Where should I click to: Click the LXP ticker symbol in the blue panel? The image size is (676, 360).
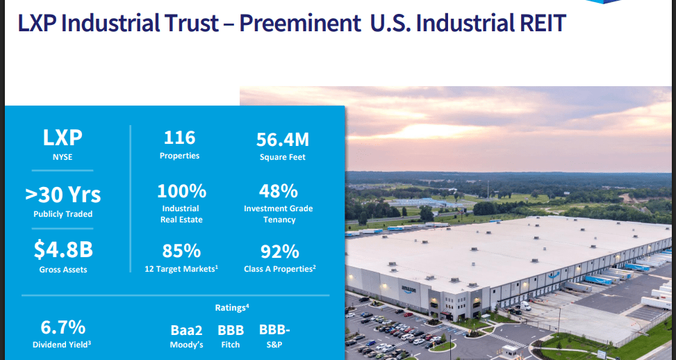pyautogui.click(x=63, y=138)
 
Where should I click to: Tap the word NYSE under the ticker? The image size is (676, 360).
pyautogui.click(x=63, y=157)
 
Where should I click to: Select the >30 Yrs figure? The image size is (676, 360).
pyautogui.click(x=63, y=195)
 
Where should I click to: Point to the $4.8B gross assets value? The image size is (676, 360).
pyautogui.click(x=63, y=249)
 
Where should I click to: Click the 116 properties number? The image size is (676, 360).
pyautogui.click(x=179, y=137)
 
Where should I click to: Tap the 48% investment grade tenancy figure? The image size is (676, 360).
pyautogui.click(x=279, y=191)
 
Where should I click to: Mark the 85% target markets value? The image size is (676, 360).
pyautogui.click(x=181, y=251)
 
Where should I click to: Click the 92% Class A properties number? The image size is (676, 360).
pyautogui.click(x=279, y=251)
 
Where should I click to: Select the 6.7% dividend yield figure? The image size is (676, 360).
pyautogui.click(x=62, y=327)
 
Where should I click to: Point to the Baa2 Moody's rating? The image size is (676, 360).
pyautogui.click(x=186, y=330)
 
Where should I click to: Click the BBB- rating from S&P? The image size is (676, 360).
pyautogui.click(x=275, y=329)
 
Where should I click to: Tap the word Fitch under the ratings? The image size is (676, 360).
pyautogui.click(x=231, y=345)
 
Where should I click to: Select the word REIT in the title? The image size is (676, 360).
pyautogui.click(x=538, y=23)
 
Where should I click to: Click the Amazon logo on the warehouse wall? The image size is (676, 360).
pyautogui.click(x=411, y=288)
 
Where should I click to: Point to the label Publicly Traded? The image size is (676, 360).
pyautogui.click(x=63, y=214)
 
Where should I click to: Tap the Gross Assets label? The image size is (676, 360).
pyautogui.click(x=63, y=269)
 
